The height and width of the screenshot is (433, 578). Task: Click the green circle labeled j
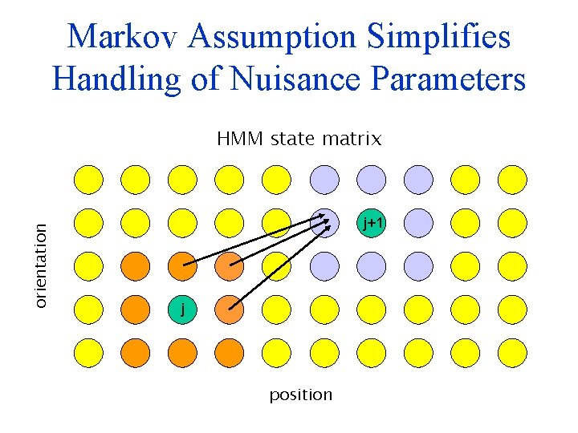coord(183,308)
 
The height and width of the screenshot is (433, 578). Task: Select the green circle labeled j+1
coord(371,223)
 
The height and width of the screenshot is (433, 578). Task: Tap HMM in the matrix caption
coord(239,140)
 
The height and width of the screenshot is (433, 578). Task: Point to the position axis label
coord(300,395)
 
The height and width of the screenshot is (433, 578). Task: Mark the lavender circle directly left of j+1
coord(324,223)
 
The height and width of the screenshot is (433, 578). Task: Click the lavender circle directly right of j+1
coord(417,223)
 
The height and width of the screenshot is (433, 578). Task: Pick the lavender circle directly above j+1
coord(371,180)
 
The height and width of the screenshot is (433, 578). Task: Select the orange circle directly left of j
coord(136,308)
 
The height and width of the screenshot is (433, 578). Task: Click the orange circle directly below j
coord(183,350)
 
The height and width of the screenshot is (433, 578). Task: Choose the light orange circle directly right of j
coord(230,308)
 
